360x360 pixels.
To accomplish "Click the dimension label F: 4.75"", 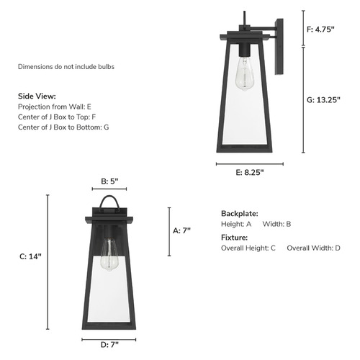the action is coord(320,30).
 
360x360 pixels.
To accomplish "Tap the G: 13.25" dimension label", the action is coord(323,100).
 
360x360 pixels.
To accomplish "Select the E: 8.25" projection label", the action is coord(250,172).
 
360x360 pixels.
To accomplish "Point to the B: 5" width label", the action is coord(109,181).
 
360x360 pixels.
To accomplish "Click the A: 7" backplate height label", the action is coord(181,230).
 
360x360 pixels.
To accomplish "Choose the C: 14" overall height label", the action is coord(30,256).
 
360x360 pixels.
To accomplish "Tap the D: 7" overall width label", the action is coord(109,345).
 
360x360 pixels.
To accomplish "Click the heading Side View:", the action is coord(37,96).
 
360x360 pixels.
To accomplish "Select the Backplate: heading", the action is coord(240,213).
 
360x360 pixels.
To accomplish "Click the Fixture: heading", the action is coord(234,238).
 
